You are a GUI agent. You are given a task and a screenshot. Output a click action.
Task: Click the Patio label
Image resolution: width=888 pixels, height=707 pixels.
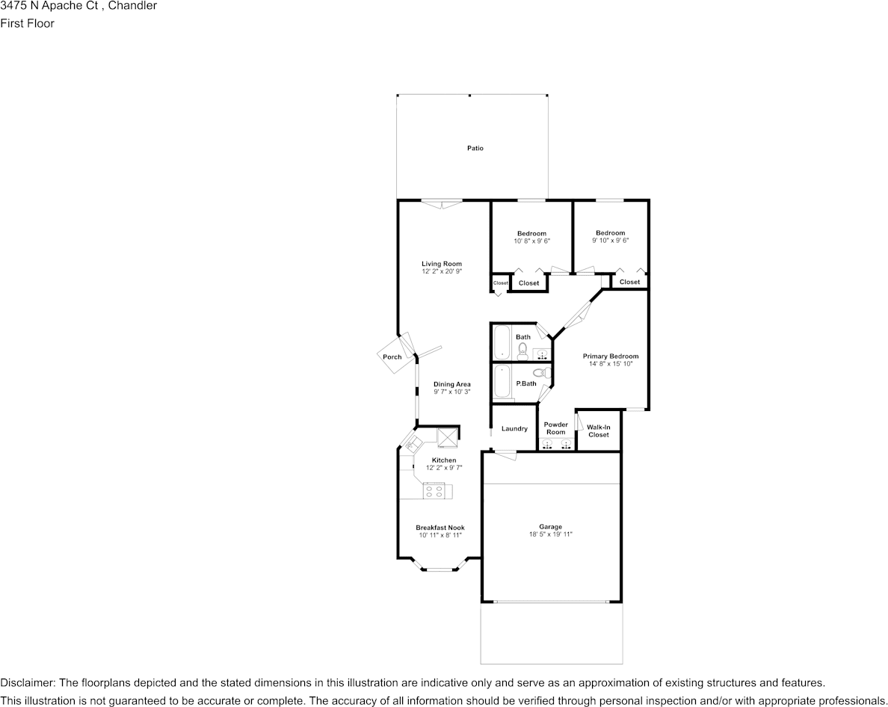point(475,148)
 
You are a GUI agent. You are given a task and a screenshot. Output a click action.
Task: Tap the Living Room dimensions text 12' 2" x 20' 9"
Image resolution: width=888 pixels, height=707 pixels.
point(442,272)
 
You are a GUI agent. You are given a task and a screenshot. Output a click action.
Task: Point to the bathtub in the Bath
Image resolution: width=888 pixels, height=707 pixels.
point(502,342)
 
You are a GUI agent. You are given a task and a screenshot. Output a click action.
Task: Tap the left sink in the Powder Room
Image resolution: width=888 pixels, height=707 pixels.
point(547,445)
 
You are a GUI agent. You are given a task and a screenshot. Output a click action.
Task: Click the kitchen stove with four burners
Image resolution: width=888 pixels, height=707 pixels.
point(434,491)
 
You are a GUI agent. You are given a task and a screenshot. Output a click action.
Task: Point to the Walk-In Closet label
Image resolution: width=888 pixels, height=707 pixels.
point(599,431)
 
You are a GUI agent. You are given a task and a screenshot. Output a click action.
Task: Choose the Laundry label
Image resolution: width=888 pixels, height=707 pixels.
point(514,429)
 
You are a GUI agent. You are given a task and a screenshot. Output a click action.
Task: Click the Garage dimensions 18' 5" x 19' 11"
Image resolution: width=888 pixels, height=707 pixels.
point(551,534)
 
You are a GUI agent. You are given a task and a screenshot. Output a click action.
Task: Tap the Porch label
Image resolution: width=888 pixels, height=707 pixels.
point(392,357)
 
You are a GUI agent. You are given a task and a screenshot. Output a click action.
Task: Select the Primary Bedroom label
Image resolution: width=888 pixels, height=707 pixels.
point(611,356)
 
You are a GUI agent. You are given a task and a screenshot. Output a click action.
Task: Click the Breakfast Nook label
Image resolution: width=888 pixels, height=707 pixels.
point(440,528)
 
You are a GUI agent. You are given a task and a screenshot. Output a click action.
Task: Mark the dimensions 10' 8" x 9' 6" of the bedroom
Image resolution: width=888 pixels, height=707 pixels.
point(531,241)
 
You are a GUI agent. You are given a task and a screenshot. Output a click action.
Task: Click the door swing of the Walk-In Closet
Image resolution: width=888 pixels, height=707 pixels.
point(580,422)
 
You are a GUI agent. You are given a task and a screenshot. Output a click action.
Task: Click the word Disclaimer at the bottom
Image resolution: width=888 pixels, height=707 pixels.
point(26,683)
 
